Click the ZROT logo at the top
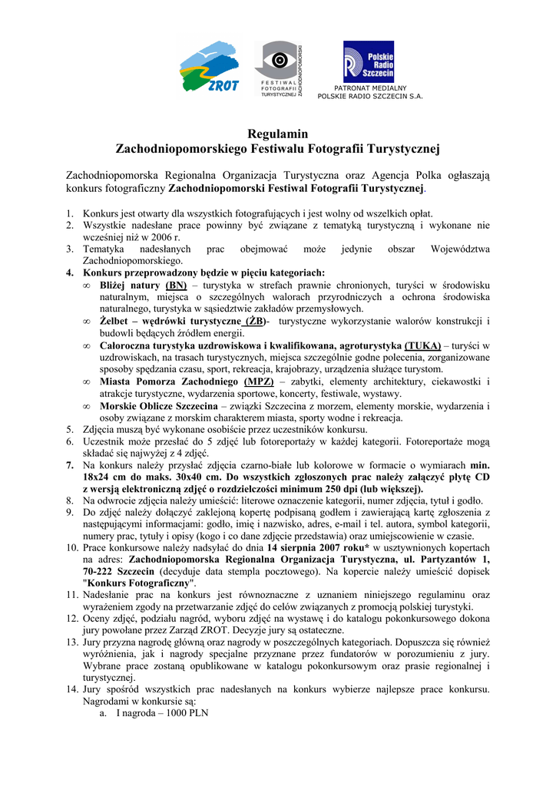coord(208,67)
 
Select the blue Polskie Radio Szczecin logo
coord(369,61)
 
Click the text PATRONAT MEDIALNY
coord(370,89)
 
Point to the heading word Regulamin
coord(277,134)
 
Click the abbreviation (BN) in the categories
coord(175,285)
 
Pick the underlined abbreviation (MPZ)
coord(259,381)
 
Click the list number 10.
coord(71,548)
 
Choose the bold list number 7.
coord(70,465)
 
